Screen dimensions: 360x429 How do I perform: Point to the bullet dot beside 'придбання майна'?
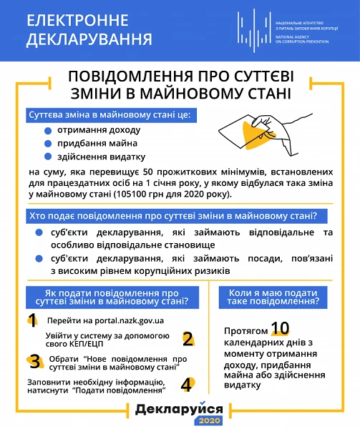tap(49, 143)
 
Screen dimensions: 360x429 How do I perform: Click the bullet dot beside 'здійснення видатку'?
tap(49, 157)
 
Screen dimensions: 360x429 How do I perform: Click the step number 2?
tap(188, 338)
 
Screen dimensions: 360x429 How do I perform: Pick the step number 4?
tap(188, 384)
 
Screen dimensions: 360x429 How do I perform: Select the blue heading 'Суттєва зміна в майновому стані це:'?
tap(110, 114)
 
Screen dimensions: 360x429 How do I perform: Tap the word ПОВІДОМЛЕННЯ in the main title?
tap(122, 77)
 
